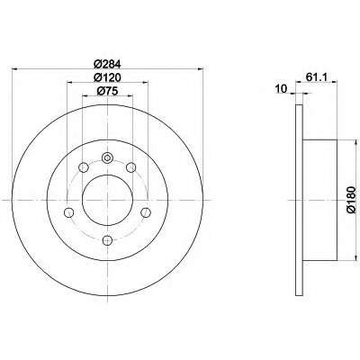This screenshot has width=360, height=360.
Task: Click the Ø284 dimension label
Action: pos(107,64)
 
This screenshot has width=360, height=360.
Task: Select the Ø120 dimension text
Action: pos(107,77)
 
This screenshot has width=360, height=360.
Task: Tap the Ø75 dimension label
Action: pos(107,91)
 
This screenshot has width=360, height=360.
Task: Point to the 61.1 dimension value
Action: pos(316,77)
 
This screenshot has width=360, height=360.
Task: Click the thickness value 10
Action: pos(281,88)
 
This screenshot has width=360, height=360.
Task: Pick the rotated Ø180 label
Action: pos(351,200)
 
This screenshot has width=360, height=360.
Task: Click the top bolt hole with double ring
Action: pos(107,157)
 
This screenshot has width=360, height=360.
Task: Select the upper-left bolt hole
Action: pos(83,167)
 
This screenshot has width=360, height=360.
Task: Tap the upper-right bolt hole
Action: pos(131,167)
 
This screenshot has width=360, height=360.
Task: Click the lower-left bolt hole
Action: pos(69,212)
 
